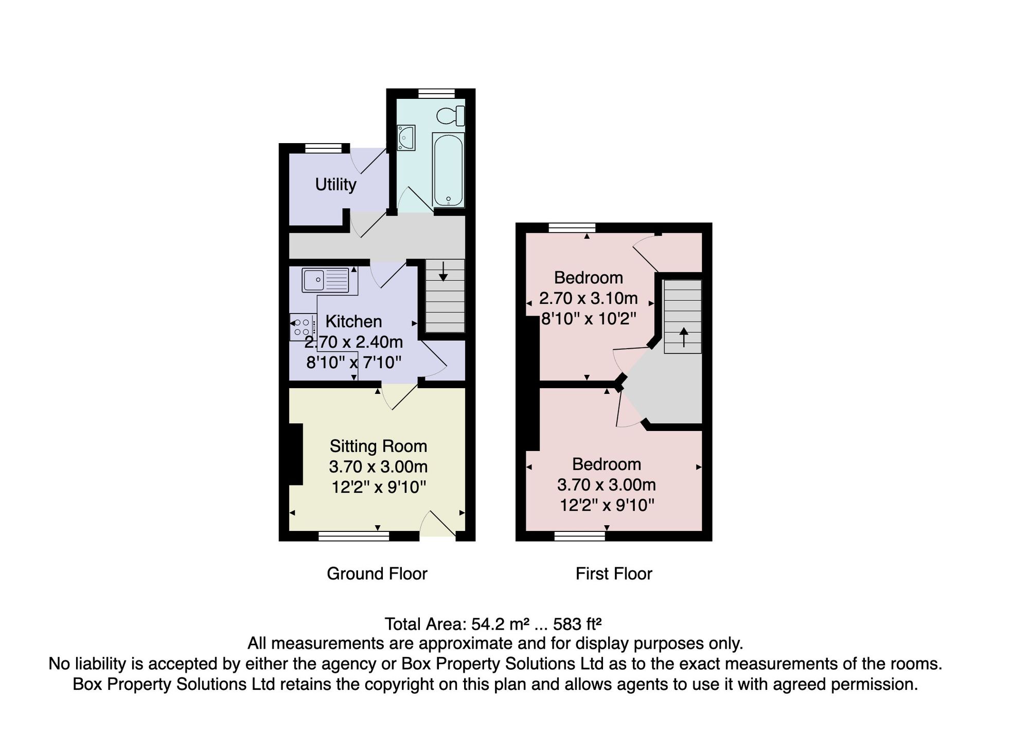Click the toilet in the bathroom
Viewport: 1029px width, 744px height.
pos(451,116)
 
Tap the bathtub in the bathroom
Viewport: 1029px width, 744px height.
pos(448,170)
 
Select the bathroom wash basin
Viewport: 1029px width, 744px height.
pos(406,138)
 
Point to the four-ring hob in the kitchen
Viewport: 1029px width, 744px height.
pos(303,327)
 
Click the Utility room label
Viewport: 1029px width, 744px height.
pos(335,184)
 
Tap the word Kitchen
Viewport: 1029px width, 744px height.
pos(353,321)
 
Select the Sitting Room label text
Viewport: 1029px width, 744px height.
pos(378,446)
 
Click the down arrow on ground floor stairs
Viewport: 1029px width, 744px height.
pos(443,271)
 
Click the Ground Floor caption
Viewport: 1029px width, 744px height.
pos(377,574)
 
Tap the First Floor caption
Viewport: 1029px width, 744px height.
pos(614,574)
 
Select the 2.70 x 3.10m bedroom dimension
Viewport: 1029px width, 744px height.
pos(589,298)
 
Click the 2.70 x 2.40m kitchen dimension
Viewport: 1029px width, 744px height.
pos(353,342)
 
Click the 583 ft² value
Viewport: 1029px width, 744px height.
pos(577,624)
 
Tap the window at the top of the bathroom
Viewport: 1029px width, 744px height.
pos(436,93)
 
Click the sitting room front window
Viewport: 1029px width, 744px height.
pos(353,537)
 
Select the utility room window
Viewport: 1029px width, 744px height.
pos(323,148)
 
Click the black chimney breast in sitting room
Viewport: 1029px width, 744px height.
pos(295,454)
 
